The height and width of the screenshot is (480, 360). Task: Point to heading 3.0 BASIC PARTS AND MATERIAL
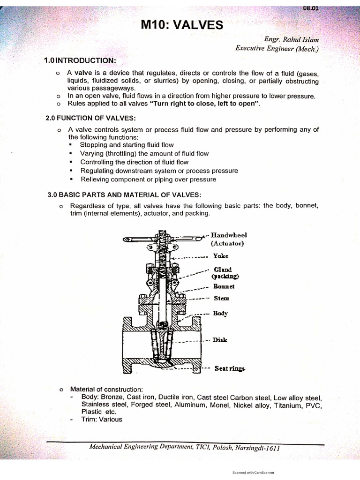[124, 194]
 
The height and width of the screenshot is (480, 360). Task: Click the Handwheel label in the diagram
[228, 234]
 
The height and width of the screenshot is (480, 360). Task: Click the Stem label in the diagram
[221, 298]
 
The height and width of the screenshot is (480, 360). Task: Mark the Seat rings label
[230, 368]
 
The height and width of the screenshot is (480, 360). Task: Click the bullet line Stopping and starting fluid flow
[127, 145]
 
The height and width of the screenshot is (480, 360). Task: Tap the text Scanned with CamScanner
[253, 473]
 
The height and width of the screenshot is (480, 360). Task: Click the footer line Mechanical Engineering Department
[184, 448]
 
